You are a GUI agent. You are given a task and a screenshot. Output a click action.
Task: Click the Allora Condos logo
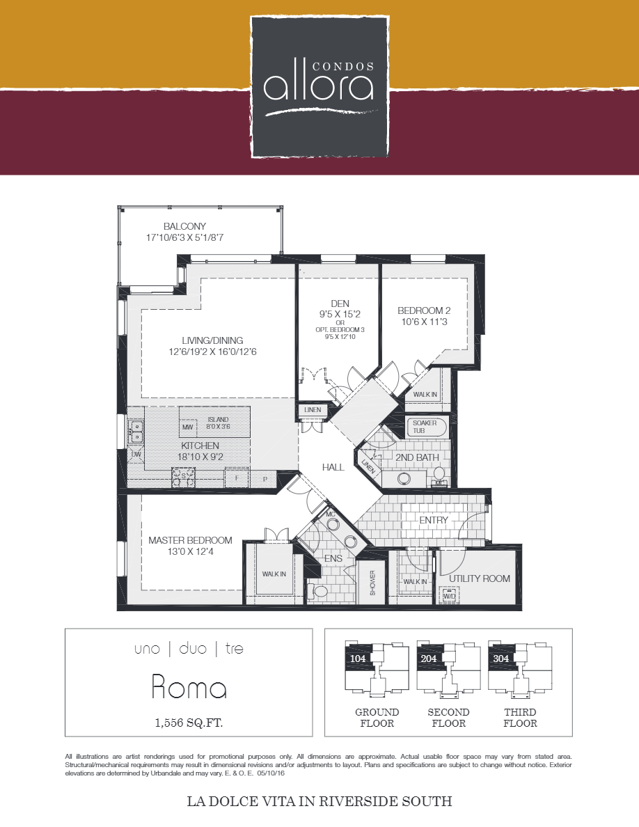[319, 86]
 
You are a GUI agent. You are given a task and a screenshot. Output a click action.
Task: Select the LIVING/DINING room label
[212, 340]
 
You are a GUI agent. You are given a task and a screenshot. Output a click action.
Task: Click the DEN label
[340, 304]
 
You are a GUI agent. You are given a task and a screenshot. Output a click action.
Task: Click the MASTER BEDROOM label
[190, 540]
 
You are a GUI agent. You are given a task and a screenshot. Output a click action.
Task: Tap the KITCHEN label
[200, 446]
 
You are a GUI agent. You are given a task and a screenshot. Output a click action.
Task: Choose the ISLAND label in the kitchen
[217, 420]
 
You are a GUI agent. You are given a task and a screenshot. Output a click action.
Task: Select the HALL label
[333, 467]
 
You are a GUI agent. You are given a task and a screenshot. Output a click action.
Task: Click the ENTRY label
[434, 520]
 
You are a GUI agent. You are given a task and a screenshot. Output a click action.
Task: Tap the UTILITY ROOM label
[479, 578]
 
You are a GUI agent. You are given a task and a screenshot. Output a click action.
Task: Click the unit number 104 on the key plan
[358, 657]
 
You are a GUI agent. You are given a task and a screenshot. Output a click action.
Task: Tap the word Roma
[189, 688]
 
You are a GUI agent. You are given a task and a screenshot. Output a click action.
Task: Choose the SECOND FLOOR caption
[448, 718]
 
